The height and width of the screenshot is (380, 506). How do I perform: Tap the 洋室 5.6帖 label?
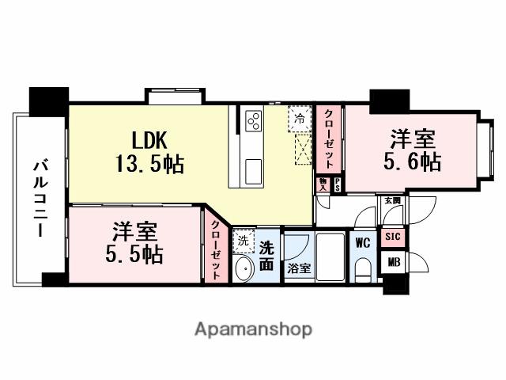pyautogui.click(x=413, y=150)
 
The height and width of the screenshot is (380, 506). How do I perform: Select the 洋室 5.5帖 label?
pyautogui.click(x=134, y=243)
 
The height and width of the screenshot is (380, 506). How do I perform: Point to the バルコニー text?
pyautogui.click(x=38, y=199)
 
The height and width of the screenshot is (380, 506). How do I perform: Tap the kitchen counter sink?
pyautogui.click(x=255, y=169)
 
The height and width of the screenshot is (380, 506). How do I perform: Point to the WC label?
pyautogui.click(x=363, y=241)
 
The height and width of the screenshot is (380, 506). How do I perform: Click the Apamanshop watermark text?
pyautogui.click(x=253, y=329)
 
